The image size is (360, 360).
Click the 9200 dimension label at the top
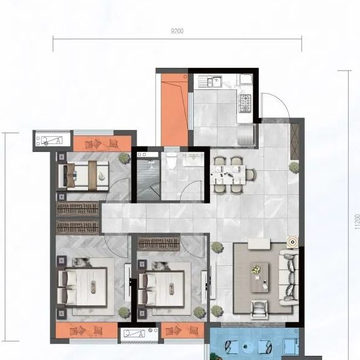[177, 31]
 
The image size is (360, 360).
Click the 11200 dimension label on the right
[357, 222]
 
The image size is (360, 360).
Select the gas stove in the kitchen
[245, 103]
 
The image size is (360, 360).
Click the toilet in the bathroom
[171, 160]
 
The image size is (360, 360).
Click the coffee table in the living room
[259, 277]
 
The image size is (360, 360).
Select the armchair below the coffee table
[259, 310]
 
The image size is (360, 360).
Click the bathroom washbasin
[194, 159]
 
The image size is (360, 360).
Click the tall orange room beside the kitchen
[175, 110]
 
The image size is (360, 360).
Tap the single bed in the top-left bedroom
[83, 176]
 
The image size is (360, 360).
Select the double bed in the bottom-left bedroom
[83, 287]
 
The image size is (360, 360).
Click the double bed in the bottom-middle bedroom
[161, 289]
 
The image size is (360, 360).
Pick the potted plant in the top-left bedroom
[124, 158]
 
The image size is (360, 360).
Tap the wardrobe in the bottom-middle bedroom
[158, 244]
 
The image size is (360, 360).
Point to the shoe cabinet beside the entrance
[295, 142]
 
